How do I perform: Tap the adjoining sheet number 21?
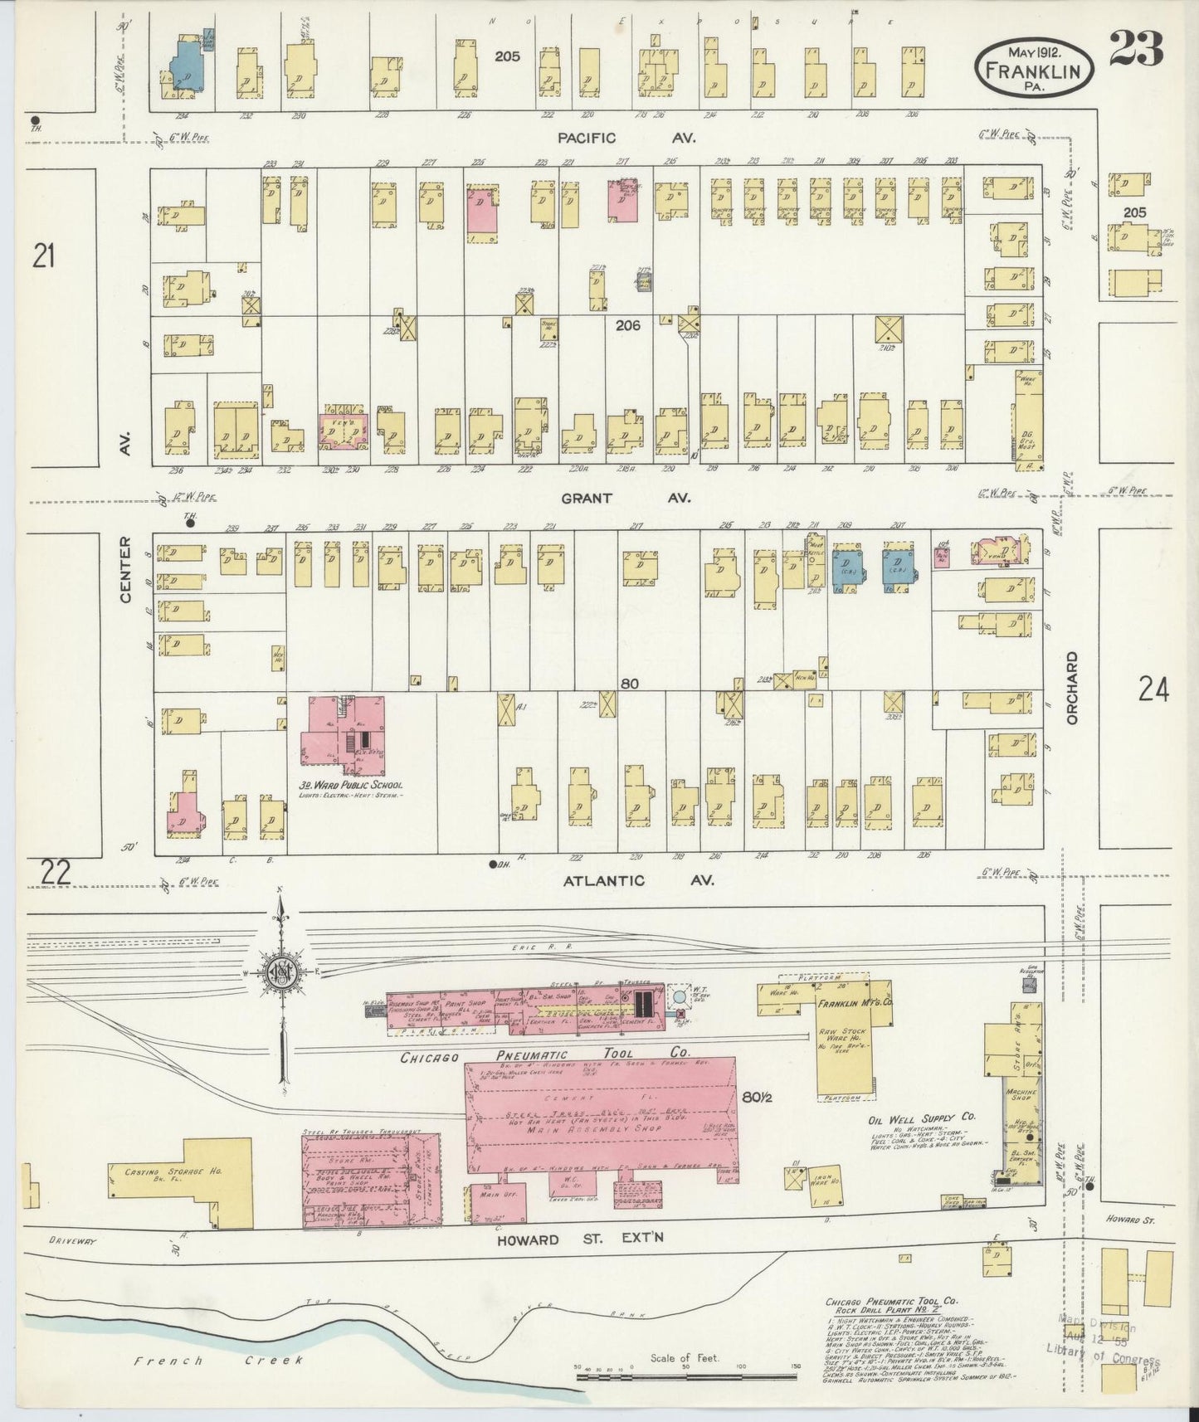pyautogui.click(x=43, y=256)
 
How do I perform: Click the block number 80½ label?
pyautogui.click(x=757, y=1096)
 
